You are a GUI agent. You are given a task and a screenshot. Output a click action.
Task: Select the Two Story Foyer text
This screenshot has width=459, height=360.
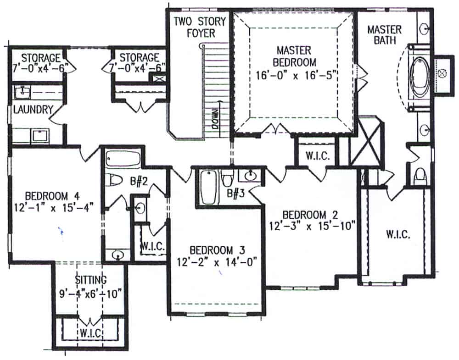195,27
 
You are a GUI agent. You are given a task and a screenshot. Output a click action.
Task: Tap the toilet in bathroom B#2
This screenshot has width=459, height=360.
112,180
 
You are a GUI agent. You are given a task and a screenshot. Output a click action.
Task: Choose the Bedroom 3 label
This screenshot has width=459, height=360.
217,250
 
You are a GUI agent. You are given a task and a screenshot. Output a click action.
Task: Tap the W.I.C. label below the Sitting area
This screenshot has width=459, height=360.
90,331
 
